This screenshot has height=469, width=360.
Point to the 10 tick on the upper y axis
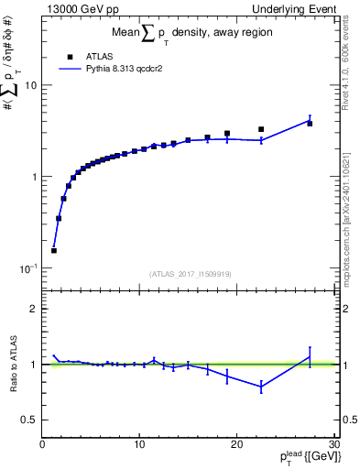tap(33, 85)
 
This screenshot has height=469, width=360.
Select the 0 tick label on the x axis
tap(42, 444)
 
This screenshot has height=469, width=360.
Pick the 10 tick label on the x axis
tap(139, 444)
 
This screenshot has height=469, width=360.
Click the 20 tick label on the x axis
tap(236, 444)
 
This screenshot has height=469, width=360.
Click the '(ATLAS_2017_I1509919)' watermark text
tap(190, 272)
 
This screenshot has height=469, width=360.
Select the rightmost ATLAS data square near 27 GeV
tap(310, 123)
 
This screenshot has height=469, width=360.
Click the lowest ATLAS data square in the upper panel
tap(54, 250)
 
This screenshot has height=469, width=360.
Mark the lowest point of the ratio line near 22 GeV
tap(261, 387)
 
